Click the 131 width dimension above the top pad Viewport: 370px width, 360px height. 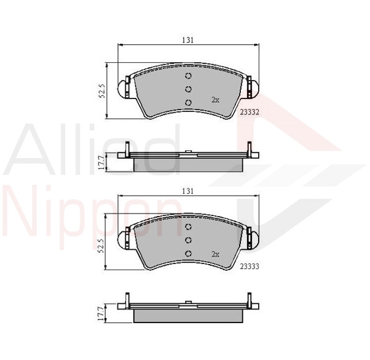coord(188,40)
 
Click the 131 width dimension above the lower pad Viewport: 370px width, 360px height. coord(188,191)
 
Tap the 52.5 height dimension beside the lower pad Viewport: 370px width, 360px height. coord(102,246)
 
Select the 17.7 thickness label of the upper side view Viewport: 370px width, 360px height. coord(101,162)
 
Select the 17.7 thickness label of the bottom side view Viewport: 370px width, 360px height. coord(101,314)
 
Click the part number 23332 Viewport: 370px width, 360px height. coord(250,112)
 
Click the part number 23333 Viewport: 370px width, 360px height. coord(250,266)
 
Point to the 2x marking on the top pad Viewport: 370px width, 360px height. coord(215,100)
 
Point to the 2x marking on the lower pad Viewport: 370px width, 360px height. coord(215,254)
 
